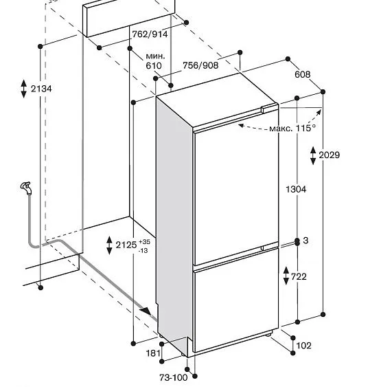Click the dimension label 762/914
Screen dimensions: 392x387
pyautogui.click(x=150, y=34)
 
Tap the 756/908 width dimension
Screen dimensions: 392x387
pyautogui.click(x=200, y=65)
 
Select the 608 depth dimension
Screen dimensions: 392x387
pyautogui.click(x=303, y=74)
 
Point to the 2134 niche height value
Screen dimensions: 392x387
pyautogui.click(x=41, y=89)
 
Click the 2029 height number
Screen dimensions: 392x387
pyautogui.click(x=330, y=155)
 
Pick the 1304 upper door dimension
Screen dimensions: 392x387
pyautogui.click(x=296, y=189)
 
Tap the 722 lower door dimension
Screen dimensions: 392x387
pyautogui.click(x=299, y=276)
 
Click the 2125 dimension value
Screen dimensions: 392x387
pyautogui.click(x=126, y=245)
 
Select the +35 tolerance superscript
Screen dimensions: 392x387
pyautogui.click(x=144, y=242)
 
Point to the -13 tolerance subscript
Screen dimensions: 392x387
pyautogui.click(x=143, y=250)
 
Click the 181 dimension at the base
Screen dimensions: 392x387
pyautogui.click(x=153, y=353)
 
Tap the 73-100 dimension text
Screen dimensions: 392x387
pyautogui.click(x=174, y=377)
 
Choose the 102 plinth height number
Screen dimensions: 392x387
pyautogui.click(x=303, y=346)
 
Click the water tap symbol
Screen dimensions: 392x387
pyautogui.click(x=26, y=188)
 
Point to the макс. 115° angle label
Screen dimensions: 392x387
pyautogui.click(x=292, y=128)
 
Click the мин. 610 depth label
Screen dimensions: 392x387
pyautogui.click(x=156, y=60)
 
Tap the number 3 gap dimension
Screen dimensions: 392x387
pyautogui.click(x=305, y=241)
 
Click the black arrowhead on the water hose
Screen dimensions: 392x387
pyautogui.click(x=146, y=311)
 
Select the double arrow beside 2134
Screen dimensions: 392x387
pyautogui.click(x=24, y=89)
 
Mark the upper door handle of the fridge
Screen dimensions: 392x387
pyautogui.click(x=270, y=109)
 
